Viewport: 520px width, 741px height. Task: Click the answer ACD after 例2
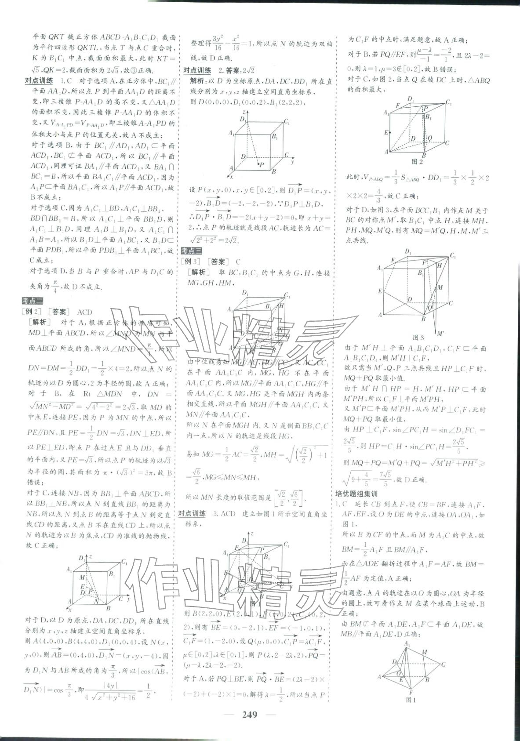(x=84, y=312)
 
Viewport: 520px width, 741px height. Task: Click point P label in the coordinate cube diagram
(x=262, y=164)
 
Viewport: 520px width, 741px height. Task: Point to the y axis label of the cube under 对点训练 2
(x=292, y=162)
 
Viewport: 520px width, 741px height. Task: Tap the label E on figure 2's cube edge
(x=386, y=132)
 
